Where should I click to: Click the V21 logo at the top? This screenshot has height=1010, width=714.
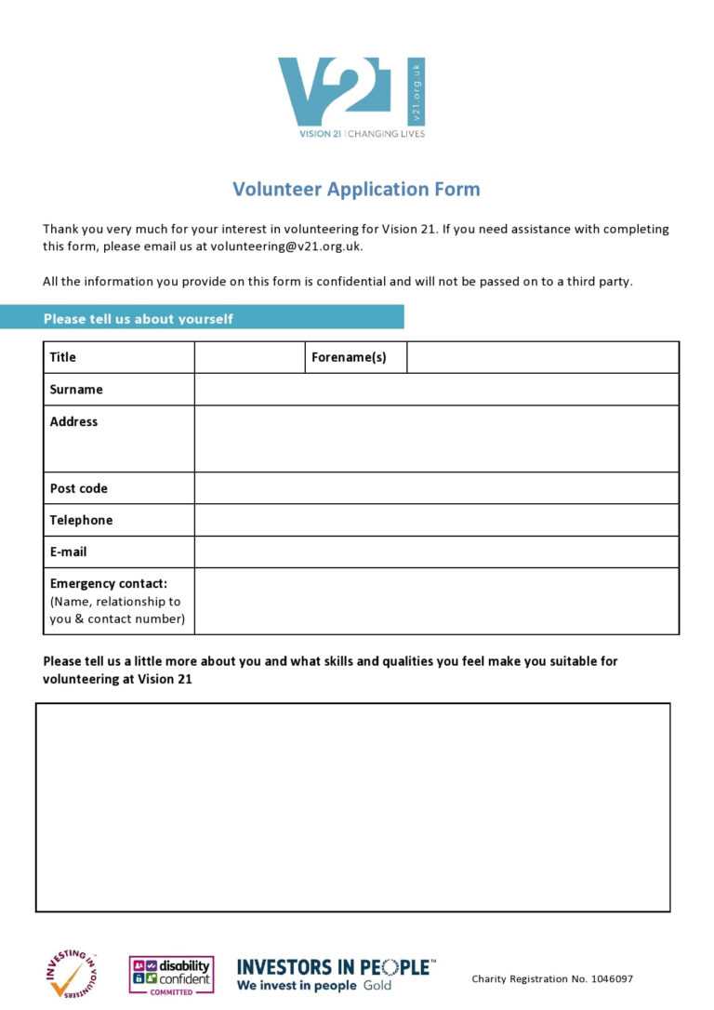tap(351, 96)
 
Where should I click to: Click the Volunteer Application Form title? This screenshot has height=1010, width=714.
tap(356, 189)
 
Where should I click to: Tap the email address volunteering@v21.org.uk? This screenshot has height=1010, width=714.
tap(285, 246)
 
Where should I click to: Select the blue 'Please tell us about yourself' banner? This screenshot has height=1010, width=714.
tap(202, 317)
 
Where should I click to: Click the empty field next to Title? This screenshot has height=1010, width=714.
tap(249, 357)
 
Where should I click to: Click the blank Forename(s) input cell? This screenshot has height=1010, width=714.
tap(542, 357)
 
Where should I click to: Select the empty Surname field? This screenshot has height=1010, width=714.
tap(436, 390)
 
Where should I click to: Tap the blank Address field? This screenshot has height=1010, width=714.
tap(436, 439)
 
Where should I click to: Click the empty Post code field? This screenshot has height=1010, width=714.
tap(436, 488)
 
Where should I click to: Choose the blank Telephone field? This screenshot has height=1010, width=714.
tap(436, 520)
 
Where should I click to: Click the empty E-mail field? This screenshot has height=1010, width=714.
tap(436, 552)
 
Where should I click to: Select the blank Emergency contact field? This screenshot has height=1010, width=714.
tap(436, 601)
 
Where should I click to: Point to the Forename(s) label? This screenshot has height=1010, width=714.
tap(349, 357)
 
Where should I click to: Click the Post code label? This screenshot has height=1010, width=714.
tap(79, 488)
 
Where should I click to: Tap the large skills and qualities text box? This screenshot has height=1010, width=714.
tap(352, 807)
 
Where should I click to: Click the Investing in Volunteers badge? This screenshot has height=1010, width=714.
tap(72, 974)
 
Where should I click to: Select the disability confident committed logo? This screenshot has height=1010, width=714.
tap(171, 976)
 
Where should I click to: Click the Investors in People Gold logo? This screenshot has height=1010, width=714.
tap(335, 974)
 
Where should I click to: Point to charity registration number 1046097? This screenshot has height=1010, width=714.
tap(552, 978)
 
